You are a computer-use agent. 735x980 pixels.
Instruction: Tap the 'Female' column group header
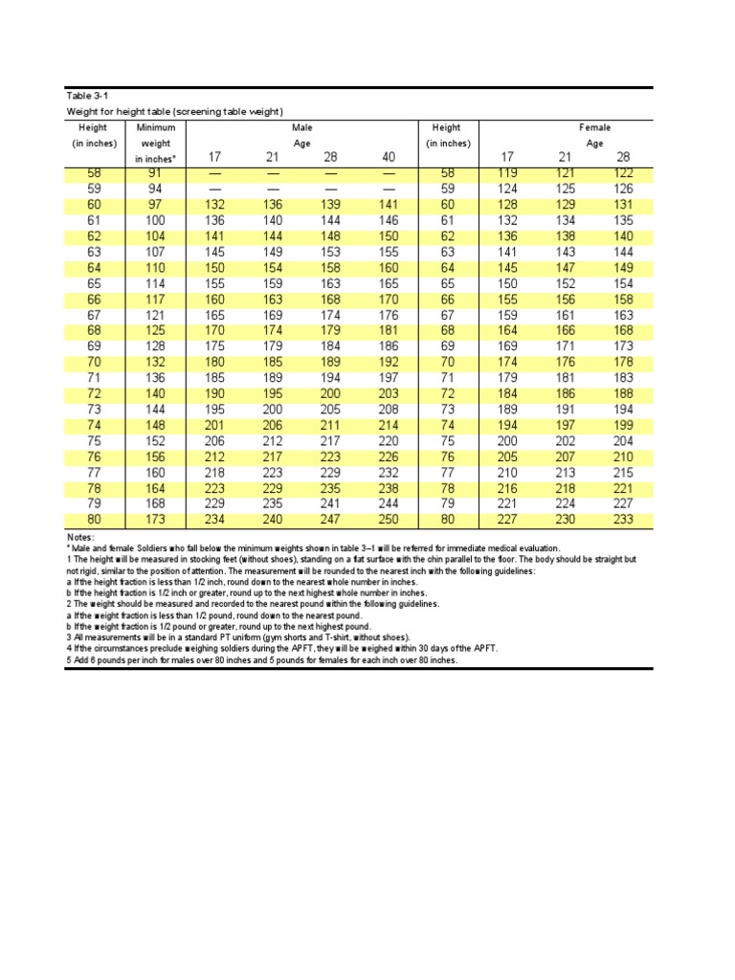pos(594,126)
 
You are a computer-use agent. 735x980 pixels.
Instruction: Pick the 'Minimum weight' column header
pos(156,142)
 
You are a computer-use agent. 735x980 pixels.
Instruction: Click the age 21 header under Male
pos(271,158)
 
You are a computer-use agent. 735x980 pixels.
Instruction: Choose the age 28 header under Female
pos(622,158)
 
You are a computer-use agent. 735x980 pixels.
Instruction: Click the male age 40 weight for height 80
pos(390,520)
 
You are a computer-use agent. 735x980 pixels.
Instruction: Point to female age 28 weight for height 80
pos(622,520)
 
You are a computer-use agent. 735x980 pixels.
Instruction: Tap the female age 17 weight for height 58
pos(507,173)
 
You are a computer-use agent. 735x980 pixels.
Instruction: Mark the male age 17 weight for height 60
pos(213,205)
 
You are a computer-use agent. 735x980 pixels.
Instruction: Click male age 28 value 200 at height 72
pos(330,393)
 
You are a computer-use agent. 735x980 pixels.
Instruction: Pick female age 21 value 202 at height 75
pos(566,441)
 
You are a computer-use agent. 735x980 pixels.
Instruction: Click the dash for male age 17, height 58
pos(213,173)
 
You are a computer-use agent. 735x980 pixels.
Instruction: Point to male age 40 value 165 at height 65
pos(390,283)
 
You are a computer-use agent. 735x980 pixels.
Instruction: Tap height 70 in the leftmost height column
pos(93,363)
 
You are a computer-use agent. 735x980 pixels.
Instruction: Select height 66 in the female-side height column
pos(446,300)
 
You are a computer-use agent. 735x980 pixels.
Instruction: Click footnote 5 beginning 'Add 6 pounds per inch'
pos(261,660)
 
